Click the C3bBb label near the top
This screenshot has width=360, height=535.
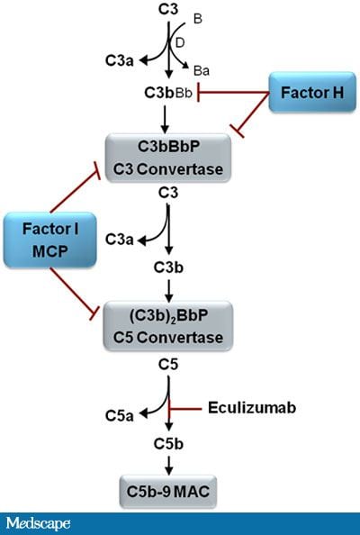[x=167, y=92]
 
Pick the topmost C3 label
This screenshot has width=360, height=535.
[x=167, y=8]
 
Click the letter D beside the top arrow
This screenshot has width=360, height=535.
[x=180, y=42]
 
